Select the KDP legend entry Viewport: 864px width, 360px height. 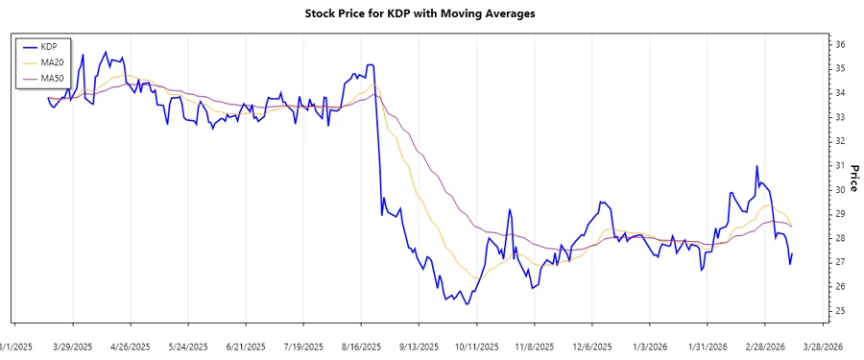pos(49,46)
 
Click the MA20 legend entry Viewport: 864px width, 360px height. pos(52,62)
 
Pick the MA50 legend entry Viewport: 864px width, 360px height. pos(52,78)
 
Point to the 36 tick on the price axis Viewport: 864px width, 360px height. pos(839,44)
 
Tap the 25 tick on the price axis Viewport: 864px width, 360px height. pos(839,311)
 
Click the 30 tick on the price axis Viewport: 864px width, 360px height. pos(839,190)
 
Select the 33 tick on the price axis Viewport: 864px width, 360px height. pos(839,117)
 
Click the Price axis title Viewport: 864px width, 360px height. pos(852,178)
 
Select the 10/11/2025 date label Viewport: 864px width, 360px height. pos(476,346)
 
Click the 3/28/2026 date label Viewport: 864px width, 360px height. pos(822,346)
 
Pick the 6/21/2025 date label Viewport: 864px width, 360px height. pos(246,346)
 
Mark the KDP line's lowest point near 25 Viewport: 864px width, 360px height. pos(467,304)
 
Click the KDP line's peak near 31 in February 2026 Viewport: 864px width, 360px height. pos(756,167)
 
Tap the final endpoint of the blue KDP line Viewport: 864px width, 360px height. pos(793,253)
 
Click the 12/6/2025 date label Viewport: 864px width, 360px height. pos(591,346)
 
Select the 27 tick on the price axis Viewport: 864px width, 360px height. pos(839,262)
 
